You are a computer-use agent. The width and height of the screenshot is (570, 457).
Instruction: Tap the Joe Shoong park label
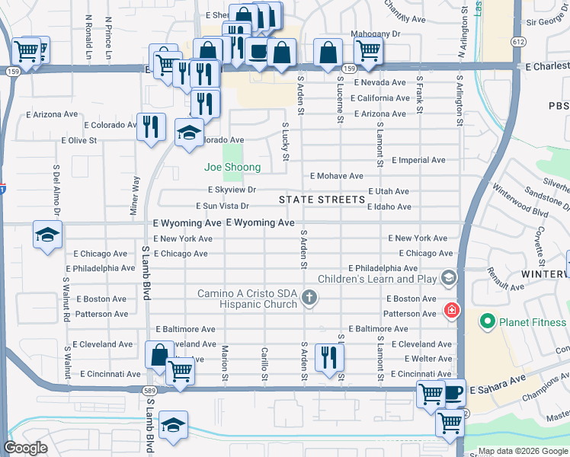click(232, 167)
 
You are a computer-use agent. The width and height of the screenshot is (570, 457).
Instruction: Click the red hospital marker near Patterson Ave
click(451, 311)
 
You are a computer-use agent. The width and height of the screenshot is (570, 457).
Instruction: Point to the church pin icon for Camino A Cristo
click(309, 298)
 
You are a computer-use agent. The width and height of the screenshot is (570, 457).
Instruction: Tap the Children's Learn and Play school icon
click(447, 277)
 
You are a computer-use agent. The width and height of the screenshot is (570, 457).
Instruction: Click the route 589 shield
click(150, 389)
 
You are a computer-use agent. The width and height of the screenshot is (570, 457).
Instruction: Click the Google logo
click(26, 448)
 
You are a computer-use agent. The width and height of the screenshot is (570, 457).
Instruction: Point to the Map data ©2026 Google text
click(522, 451)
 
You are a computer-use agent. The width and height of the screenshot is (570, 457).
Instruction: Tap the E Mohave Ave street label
click(336, 176)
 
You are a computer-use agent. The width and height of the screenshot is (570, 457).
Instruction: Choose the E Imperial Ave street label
click(418, 161)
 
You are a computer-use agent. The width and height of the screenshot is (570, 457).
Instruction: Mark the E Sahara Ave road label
click(498, 389)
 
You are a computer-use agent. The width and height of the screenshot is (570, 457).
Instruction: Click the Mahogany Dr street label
click(375, 34)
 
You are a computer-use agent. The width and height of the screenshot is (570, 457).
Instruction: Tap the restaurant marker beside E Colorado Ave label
click(151, 125)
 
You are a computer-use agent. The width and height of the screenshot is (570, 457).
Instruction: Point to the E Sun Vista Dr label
click(223, 206)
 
